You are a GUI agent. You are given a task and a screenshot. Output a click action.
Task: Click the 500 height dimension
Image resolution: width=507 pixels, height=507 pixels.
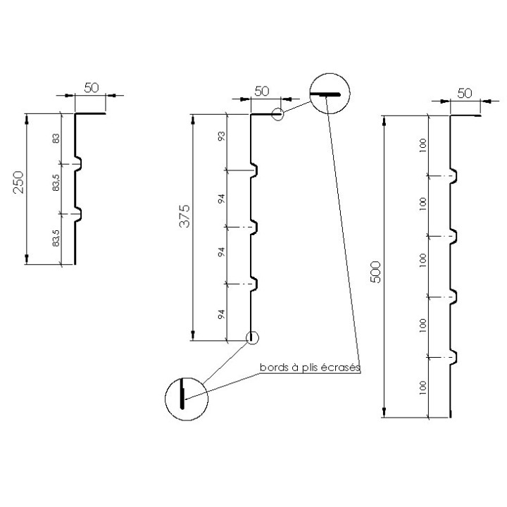pyautogui.click(x=375, y=270)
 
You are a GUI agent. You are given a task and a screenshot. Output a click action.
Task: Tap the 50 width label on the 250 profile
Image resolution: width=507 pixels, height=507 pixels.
pyautogui.click(x=92, y=87)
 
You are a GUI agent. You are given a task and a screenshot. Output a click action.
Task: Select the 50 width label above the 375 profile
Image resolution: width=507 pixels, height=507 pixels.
pyautogui.click(x=262, y=91)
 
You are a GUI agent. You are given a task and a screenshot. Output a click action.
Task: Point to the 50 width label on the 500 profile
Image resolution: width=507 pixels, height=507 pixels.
pyautogui.click(x=465, y=93)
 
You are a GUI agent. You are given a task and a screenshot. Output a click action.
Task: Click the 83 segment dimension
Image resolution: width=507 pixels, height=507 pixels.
pyautogui.click(x=57, y=139)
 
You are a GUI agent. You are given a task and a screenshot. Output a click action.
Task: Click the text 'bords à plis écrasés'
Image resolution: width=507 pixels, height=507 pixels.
pyautogui.click(x=310, y=368)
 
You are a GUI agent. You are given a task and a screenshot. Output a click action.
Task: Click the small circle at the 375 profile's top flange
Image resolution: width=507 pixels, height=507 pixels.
pyautogui.click(x=280, y=115)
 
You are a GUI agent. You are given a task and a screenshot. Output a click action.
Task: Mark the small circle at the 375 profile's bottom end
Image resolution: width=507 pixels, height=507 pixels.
pyautogui.click(x=251, y=337)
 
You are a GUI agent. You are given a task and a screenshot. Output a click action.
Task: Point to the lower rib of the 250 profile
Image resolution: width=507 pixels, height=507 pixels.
pyautogui.click(x=80, y=212)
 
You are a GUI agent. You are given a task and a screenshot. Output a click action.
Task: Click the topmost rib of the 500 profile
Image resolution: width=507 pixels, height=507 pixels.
pyautogui.click(x=456, y=174)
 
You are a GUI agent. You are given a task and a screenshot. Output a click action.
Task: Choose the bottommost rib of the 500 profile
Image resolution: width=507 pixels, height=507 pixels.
pyautogui.click(x=456, y=356)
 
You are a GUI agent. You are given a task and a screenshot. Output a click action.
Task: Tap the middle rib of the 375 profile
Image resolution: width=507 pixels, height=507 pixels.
pyautogui.click(x=256, y=227)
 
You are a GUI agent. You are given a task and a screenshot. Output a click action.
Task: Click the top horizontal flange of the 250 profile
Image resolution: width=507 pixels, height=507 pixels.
pyautogui.click(x=90, y=113)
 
